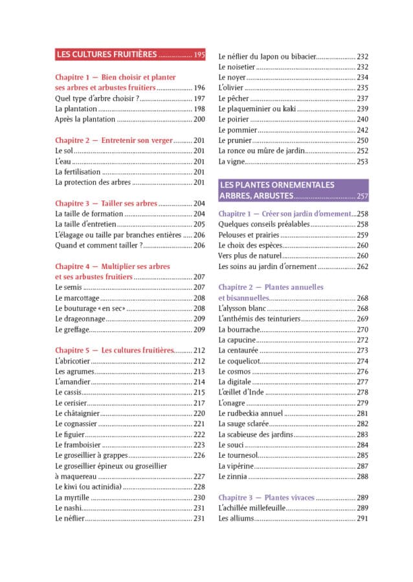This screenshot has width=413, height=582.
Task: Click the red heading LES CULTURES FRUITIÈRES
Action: (x=107, y=55)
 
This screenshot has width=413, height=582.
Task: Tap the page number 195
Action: (x=199, y=55)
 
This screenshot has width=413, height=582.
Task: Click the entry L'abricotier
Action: (x=73, y=361)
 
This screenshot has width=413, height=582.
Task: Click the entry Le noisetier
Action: (x=239, y=67)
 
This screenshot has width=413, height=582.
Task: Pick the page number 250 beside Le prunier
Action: (x=363, y=140)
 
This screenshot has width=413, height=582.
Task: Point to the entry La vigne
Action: (x=231, y=162)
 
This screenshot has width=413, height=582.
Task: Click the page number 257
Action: (x=363, y=196)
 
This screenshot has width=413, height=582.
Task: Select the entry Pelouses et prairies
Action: (x=249, y=235)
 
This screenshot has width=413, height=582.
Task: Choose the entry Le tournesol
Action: (x=240, y=455)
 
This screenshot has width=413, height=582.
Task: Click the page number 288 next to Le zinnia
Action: (x=363, y=477)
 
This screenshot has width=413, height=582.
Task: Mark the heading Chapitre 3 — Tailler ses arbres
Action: (x=106, y=203)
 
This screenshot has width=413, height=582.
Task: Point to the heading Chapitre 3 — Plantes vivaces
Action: (x=266, y=497)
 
